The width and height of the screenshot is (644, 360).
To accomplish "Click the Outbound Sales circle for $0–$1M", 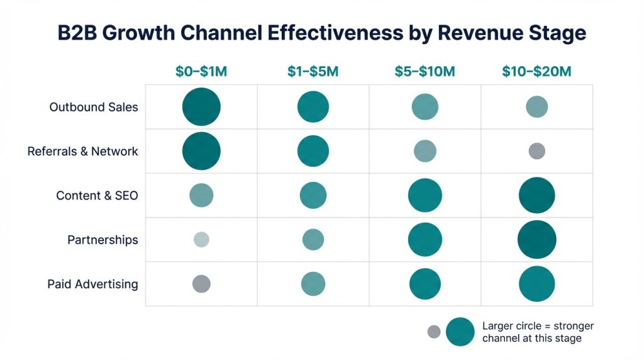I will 201,107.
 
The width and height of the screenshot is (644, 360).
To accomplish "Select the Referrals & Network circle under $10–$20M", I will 536,151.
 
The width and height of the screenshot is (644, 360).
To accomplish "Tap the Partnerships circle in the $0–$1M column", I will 201,239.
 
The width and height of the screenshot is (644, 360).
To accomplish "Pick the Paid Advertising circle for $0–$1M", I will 201,284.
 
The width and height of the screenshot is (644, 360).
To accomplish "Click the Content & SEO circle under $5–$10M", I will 425,196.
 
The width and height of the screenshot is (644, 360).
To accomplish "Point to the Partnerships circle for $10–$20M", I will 536,240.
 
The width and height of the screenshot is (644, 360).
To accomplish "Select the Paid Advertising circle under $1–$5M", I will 313,284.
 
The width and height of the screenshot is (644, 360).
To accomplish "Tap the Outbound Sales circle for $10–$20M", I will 536,107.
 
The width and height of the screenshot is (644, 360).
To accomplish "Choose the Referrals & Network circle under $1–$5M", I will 313,152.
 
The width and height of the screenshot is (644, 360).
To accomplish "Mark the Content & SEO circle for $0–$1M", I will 201,195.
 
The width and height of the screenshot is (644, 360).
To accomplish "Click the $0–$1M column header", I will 201,72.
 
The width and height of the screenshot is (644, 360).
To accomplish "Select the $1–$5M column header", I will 313,72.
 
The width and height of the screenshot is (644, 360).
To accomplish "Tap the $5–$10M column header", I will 425,72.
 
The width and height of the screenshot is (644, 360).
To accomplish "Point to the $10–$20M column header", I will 536,72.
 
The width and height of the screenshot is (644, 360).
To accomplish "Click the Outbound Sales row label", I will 94,107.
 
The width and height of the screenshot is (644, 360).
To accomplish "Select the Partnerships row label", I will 103,240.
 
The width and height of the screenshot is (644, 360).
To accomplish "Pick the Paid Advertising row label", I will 92,284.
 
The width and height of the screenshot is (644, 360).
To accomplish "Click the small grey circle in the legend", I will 434,332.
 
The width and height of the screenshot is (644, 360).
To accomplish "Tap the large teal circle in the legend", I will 460,332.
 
